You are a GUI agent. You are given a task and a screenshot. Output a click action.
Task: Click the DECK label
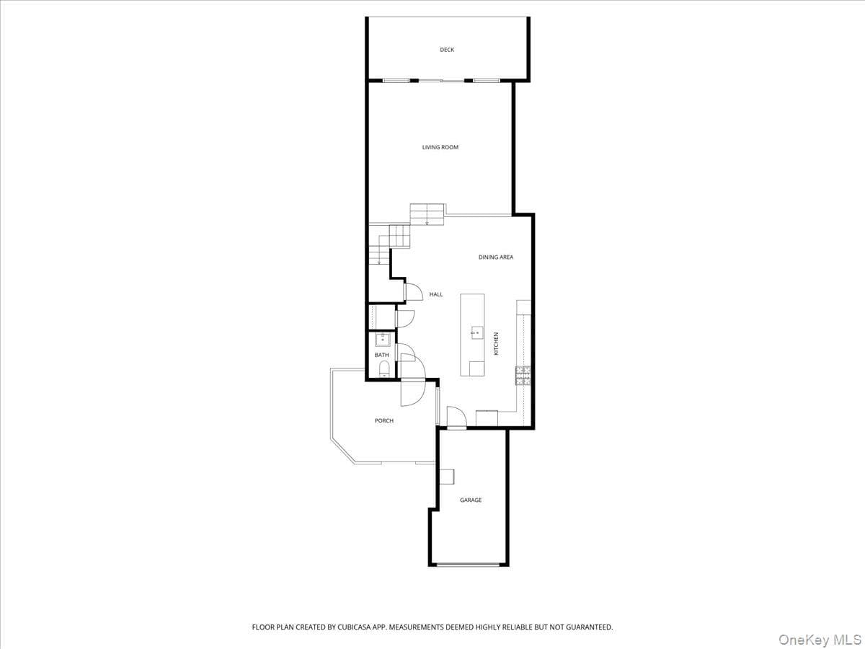click(447, 50)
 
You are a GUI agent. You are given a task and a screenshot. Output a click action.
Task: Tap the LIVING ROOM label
click(440, 147)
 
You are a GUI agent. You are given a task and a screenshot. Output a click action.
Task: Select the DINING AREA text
click(496, 257)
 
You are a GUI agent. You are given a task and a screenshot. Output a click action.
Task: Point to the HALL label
click(436, 294)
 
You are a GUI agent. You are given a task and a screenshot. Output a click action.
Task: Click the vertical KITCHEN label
click(496, 344)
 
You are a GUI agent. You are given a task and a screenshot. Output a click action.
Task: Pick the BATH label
click(381, 355)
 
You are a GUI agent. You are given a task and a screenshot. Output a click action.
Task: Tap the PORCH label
click(383, 421)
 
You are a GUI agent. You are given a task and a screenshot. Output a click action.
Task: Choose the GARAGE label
click(471, 500)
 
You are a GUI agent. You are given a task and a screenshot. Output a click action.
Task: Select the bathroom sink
click(382, 339)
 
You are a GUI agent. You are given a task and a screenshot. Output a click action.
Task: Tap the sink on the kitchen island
click(477, 332)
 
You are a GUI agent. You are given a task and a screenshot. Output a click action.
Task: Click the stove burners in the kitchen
click(523, 376)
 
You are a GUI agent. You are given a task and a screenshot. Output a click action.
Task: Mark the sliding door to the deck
click(441, 81)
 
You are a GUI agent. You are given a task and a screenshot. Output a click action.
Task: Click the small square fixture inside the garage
click(447, 477)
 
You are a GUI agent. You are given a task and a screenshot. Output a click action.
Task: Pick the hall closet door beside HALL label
click(413, 292)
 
